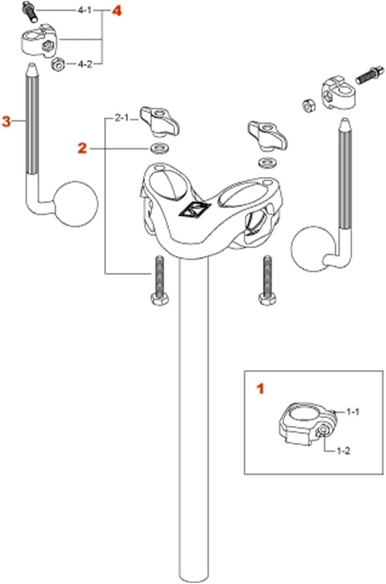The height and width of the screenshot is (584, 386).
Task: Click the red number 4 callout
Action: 117,11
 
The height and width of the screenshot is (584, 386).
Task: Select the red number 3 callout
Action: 6,121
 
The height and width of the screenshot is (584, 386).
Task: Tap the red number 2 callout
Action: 82,149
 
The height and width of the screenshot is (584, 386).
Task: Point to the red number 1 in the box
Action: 260,389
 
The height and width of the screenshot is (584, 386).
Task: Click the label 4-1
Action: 84,10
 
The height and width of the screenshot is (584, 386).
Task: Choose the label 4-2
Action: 85,64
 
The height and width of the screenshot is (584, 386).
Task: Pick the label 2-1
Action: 121,119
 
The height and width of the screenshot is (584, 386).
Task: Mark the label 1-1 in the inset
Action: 353,411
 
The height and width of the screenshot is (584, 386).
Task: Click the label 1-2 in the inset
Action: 343,451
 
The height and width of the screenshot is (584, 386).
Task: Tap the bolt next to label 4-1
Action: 29,11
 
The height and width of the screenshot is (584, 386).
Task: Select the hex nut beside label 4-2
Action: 58,64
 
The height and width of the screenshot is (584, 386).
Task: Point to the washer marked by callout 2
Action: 159,148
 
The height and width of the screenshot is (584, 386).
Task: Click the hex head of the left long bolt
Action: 159,299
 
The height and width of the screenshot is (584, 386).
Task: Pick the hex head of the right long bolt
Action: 267,299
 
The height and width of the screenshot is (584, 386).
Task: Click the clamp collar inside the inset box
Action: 308,424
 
